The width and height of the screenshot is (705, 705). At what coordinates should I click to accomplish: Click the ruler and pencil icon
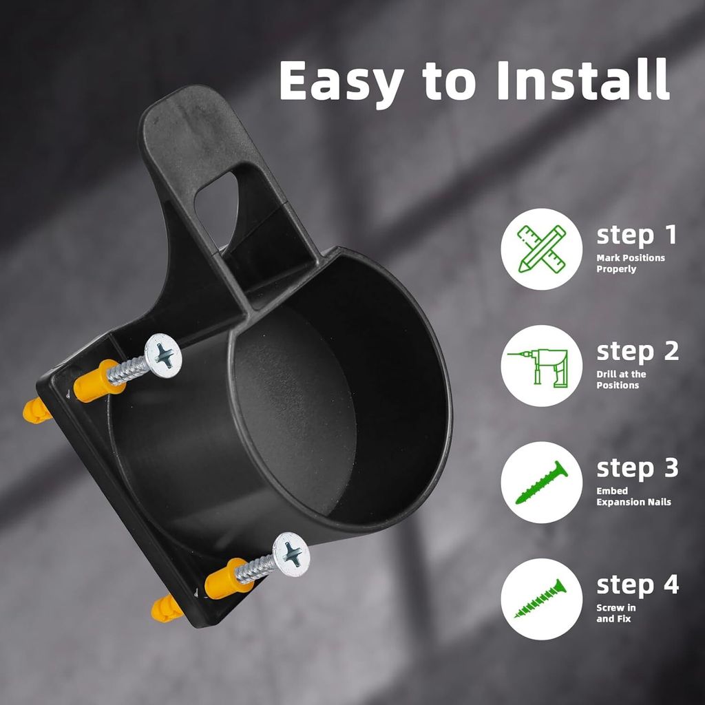pos(541,249)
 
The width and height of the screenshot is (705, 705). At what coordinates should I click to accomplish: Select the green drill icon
pos(538,366)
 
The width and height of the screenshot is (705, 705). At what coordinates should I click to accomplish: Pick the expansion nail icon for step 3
pos(541,482)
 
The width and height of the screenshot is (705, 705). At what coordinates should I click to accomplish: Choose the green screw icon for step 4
pos(540,598)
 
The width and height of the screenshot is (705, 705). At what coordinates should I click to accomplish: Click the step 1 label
pos(636,235)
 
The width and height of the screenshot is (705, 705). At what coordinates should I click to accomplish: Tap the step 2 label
pos(638,352)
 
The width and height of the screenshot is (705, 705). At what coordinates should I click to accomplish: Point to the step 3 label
pos(638,469)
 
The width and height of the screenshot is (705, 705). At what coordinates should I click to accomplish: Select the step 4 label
pos(638,585)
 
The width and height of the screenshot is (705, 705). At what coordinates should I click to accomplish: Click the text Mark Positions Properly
pos(631,264)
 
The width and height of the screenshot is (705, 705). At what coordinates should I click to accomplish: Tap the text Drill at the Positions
pos(621,379)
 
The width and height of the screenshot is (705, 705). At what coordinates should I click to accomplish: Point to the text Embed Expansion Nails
pos(633,496)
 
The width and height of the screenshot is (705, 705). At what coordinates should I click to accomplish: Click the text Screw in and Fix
pos(616,613)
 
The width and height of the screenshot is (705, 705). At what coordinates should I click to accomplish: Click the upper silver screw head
pos(163,356)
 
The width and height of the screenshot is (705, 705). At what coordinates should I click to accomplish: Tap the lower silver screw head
pos(291,554)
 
